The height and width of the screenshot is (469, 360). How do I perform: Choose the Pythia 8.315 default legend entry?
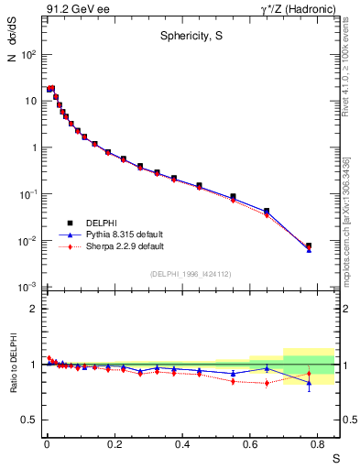[117, 234]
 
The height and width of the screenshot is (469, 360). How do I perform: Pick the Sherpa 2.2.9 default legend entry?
[116, 246]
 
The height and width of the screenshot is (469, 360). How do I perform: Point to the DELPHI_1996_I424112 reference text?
[190, 273]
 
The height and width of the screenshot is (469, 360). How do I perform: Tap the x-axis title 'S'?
[335, 456]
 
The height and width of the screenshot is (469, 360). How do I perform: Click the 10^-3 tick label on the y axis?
[26, 288]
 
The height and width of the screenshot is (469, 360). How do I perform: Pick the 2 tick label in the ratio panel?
[32, 309]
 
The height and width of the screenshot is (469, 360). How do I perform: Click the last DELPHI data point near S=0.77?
[309, 245]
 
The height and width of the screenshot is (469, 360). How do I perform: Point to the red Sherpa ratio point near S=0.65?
[267, 383]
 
